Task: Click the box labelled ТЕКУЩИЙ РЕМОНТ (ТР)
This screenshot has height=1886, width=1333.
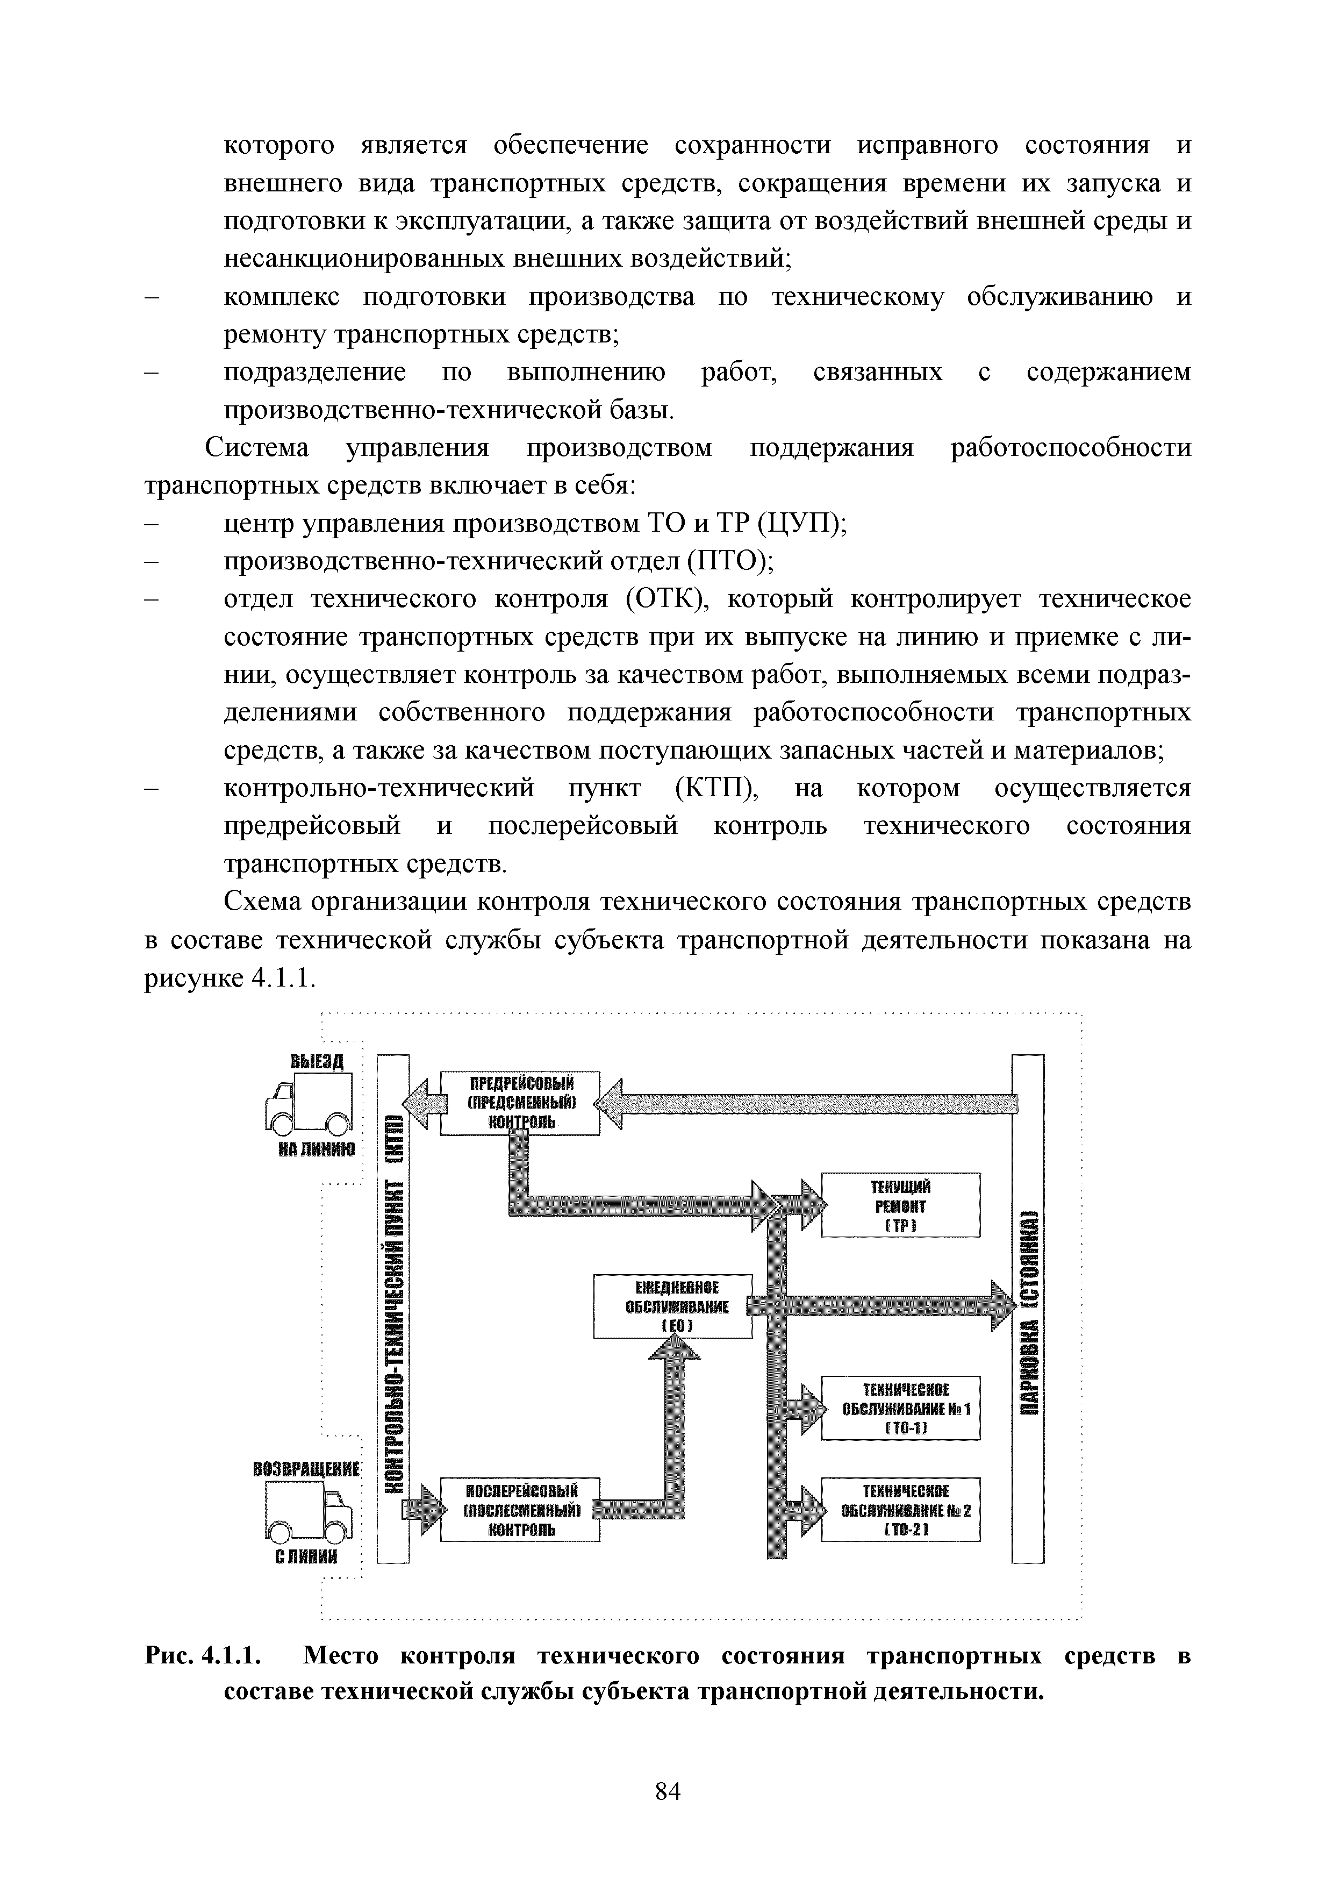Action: [x=900, y=1205]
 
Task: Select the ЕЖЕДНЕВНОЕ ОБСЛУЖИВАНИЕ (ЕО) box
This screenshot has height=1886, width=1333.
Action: [x=672, y=1306]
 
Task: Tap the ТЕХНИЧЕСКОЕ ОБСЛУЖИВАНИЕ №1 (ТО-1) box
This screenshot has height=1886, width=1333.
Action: [x=900, y=1408]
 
